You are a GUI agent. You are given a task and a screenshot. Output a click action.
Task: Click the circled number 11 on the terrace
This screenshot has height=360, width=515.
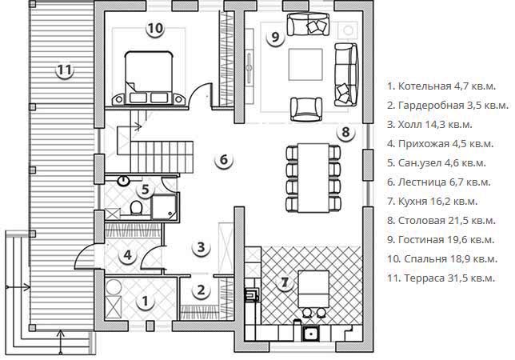pyautogui.click(x=64, y=70)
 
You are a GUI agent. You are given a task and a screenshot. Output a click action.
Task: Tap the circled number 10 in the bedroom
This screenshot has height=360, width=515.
pyautogui.click(x=155, y=29)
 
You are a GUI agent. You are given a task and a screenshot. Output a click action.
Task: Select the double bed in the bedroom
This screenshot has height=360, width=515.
pyautogui.click(x=149, y=78)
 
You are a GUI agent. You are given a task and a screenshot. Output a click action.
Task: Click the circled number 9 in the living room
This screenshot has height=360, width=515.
pyautogui.click(x=275, y=37)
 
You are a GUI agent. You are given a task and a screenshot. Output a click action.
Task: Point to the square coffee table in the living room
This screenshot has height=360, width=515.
pyautogui.click(x=305, y=64)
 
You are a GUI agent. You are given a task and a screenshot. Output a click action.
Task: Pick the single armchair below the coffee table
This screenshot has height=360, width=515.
pyautogui.click(x=306, y=109)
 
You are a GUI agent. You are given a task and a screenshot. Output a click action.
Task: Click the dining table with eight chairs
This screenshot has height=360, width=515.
pyautogui.click(x=313, y=178)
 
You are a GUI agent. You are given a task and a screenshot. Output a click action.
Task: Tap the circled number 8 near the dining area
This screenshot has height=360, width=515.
pyautogui.click(x=345, y=132)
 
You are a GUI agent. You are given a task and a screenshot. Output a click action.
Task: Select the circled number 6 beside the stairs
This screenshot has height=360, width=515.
pyautogui.click(x=224, y=160)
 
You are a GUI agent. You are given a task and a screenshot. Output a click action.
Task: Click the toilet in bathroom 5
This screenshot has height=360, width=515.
pyautogui.click(x=136, y=207)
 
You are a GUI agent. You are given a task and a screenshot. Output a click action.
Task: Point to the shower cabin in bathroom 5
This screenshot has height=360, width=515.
pyautogui.click(x=164, y=206)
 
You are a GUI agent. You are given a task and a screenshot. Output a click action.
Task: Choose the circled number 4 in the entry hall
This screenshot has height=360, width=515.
pyautogui.click(x=128, y=255)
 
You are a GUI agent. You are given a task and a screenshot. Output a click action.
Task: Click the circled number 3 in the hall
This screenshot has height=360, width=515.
pyautogui.click(x=201, y=246)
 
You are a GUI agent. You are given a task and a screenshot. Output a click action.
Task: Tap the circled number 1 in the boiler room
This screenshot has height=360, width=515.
pyautogui.click(x=145, y=301)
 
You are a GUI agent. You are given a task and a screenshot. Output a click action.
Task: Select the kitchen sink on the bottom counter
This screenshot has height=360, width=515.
pyautogui.click(x=309, y=334)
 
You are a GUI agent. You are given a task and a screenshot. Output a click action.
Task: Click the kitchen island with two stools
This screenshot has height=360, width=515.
pyautogui.click(x=313, y=288)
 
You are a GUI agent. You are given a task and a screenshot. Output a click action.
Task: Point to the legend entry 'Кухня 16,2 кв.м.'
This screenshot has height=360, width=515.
pyautogui.click(x=432, y=202)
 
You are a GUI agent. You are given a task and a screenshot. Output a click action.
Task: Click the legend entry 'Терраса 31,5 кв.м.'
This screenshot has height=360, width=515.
pyautogui.click(x=441, y=278)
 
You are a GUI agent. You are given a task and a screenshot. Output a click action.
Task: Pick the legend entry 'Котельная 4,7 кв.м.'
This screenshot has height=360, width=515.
pyautogui.click(x=441, y=86)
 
